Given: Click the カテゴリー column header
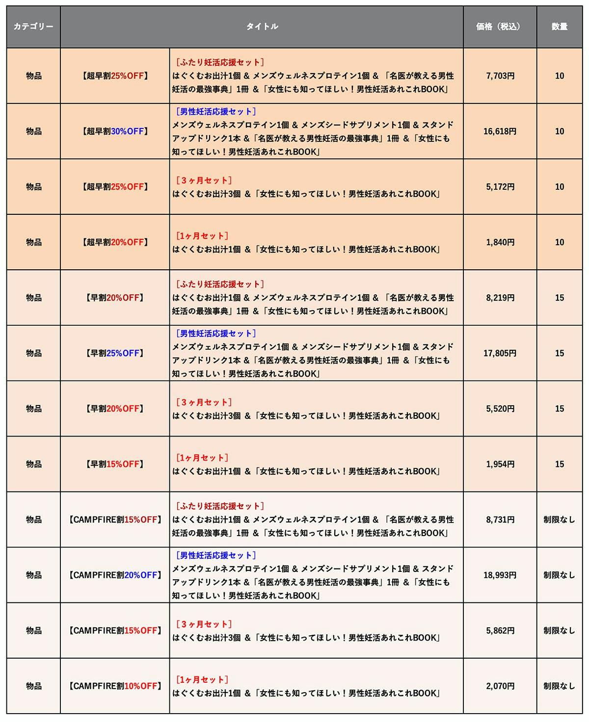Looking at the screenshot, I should [33, 26].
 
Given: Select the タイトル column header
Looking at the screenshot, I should [262, 26].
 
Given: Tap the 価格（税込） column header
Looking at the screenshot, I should [500, 26].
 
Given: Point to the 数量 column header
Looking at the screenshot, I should [559, 26].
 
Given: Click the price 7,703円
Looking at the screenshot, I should [500, 76].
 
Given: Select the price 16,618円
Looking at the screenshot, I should [500, 131].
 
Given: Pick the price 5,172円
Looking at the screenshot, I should [500, 187].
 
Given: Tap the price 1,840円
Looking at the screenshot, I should [500, 242].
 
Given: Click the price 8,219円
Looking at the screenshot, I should [500, 298].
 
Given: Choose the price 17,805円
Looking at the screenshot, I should [500, 353].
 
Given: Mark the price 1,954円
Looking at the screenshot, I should [500, 464].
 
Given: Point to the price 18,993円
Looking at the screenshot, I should [500, 575].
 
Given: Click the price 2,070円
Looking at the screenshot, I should [500, 686].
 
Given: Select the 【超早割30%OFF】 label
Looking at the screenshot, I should [115, 131].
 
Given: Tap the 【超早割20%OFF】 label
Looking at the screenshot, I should [115, 242].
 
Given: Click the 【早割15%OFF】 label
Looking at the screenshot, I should [115, 464].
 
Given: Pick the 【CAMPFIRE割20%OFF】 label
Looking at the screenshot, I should [115, 575].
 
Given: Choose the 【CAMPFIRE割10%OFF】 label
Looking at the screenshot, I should [115, 686].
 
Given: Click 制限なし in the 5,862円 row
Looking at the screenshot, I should [559, 631].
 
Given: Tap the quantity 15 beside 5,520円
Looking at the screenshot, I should [559, 409].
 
